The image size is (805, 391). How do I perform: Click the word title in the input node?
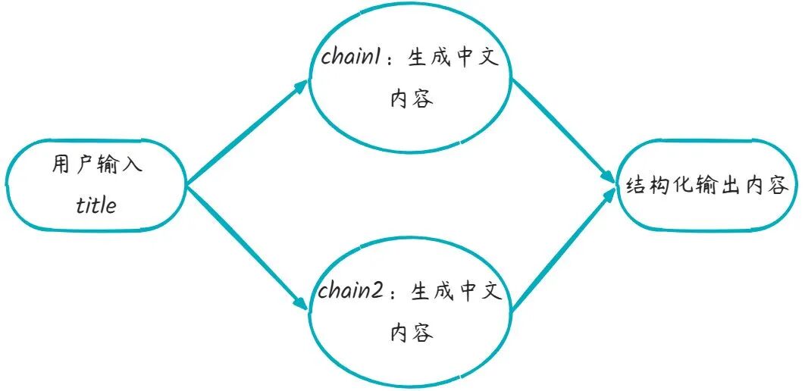97,205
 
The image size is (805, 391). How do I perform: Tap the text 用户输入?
97,166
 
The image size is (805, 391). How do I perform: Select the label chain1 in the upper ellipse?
351,59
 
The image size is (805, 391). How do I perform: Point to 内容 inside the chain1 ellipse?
412,99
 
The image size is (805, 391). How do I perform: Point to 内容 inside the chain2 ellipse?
412,333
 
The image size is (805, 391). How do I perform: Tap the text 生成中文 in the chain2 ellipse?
456,292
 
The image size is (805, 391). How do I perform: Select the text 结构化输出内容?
707,186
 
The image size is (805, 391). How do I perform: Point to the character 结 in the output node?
635,186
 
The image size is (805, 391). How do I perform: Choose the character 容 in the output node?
778,186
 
